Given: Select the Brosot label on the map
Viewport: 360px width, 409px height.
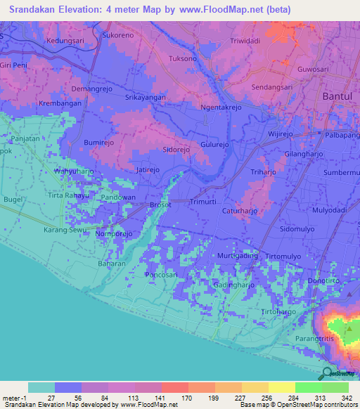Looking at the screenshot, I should pos(161,205).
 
